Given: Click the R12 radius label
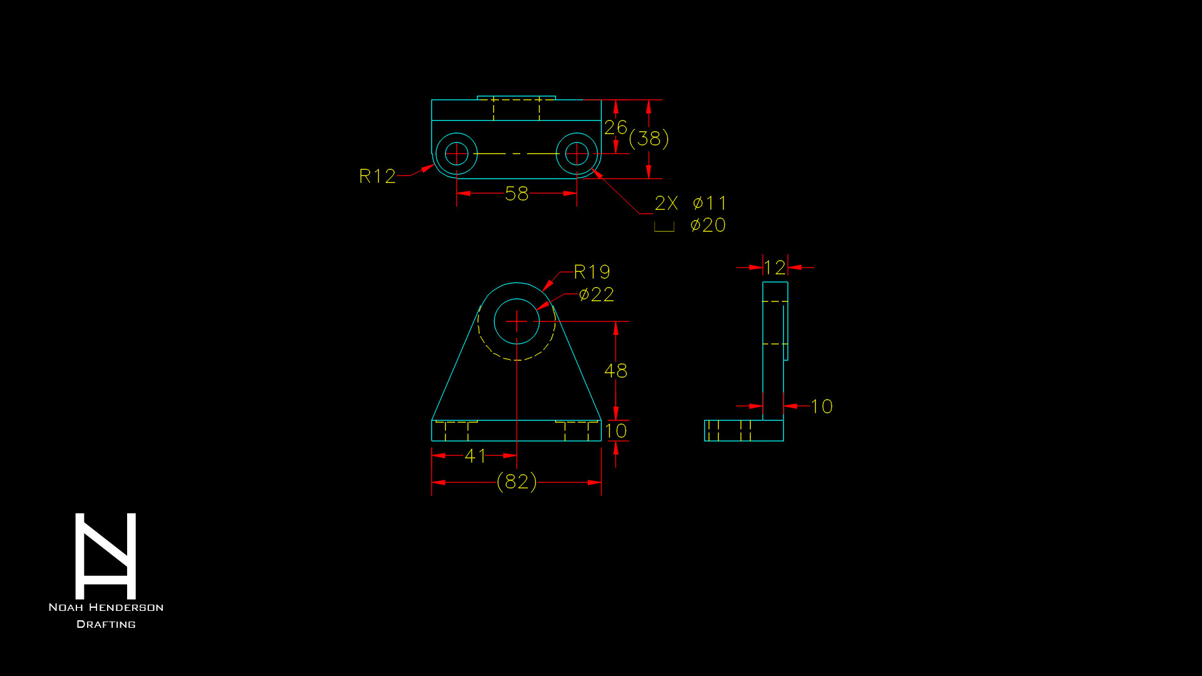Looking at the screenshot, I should point(377,177).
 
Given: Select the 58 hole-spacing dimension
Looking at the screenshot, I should point(516,194).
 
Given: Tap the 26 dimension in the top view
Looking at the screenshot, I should point(615,128).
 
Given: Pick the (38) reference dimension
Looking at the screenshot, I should point(649,138).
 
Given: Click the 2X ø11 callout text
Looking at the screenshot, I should point(691,203).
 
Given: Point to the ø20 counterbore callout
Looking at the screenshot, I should point(708,225).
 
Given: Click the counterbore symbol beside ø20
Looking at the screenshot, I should point(664,227).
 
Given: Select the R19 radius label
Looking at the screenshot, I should point(592,272).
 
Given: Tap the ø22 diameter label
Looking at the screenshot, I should point(597,295).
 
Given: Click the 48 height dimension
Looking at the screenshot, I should point(616,371).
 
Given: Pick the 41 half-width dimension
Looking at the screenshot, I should point(475,456).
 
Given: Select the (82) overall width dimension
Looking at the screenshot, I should point(516,482).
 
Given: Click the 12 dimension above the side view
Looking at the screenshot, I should point(774,268).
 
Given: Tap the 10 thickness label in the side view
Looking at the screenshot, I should point(821,407).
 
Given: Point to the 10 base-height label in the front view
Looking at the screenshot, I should point(616,431).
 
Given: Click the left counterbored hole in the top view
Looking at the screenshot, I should point(456,153).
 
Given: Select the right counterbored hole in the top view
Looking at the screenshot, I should point(577,153).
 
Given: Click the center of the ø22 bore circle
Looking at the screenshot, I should point(516,322).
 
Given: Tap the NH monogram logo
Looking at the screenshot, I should point(106,556).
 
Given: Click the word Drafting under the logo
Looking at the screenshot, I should point(106,625).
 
